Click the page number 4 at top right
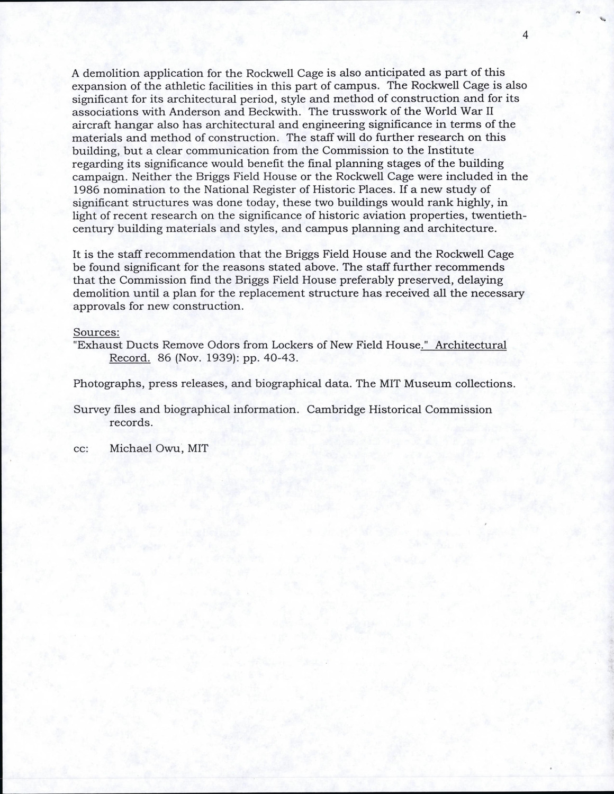(525, 35)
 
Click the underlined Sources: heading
(96, 332)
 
